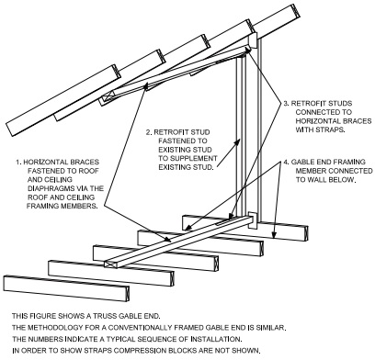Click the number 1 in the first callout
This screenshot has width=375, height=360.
coord(18,162)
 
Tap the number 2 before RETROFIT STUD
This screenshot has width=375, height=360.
coord(148,132)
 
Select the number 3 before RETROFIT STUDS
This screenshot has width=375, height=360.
coord(286,103)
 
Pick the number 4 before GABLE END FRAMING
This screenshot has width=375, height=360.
coord(286,162)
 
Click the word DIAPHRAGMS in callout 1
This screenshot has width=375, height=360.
coord(47,188)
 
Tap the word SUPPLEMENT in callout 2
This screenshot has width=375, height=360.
coord(198,159)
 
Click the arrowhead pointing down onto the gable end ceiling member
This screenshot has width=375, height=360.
coord(274,235)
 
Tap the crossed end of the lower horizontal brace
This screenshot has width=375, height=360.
coord(110,264)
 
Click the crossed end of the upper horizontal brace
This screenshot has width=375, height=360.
coord(109,97)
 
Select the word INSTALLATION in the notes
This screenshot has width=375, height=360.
coord(216,340)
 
